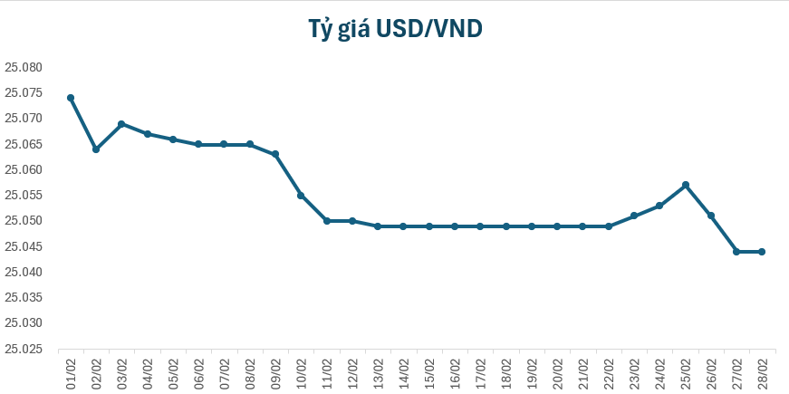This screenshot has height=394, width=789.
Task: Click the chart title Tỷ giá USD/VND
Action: point(394,29)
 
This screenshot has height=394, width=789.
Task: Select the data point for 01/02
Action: point(71,98)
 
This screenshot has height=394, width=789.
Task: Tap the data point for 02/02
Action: point(96,149)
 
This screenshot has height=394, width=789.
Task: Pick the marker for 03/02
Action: point(121,124)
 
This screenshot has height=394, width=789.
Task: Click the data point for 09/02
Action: point(275,154)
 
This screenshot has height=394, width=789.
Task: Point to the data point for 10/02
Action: point(301,196)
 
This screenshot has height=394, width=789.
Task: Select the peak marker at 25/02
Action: point(686,185)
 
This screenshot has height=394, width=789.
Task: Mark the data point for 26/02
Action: point(711,216)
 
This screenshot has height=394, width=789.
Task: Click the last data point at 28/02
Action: point(762,252)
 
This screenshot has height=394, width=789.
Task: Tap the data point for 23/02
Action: point(634,216)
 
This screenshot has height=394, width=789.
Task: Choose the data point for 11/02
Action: point(326,221)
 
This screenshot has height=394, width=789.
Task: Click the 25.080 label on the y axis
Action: point(24,67)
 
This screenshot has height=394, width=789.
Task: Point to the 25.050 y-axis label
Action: point(24,221)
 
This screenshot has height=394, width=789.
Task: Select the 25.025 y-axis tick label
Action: point(24,349)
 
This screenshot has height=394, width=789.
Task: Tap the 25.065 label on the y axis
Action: point(24,144)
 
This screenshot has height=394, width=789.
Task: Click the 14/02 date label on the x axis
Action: point(404,371)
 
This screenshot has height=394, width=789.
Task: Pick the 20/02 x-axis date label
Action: point(558,371)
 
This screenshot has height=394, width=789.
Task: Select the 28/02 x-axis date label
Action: point(763,371)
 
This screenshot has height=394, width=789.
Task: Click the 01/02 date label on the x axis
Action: point(71,371)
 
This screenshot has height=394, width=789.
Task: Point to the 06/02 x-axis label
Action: point(199,371)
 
